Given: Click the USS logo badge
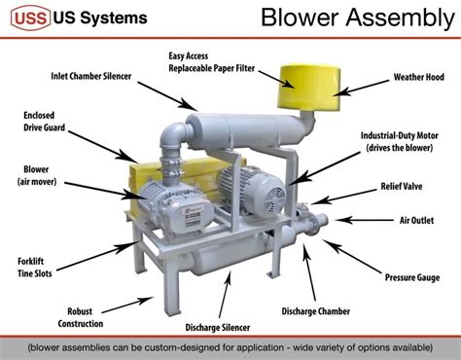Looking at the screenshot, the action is (x=31, y=18).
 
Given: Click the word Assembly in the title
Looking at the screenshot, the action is (x=401, y=18).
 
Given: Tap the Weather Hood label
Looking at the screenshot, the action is (x=418, y=77).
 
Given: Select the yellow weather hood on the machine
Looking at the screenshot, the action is (x=308, y=87).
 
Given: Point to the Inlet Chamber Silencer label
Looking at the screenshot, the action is (x=91, y=76).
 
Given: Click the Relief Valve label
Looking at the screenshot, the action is (x=402, y=187).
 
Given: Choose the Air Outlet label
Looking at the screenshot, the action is (x=416, y=221).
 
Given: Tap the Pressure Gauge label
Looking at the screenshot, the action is (x=412, y=277).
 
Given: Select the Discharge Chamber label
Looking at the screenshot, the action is (x=316, y=311).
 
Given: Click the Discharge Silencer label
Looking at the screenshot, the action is (x=218, y=328).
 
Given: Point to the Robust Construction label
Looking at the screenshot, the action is (x=81, y=317).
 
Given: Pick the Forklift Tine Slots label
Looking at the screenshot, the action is (x=35, y=268).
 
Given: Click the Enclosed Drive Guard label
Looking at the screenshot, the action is (x=44, y=122).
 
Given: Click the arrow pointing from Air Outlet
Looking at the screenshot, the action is (x=365, y=220).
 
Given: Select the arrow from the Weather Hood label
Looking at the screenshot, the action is (x=361, y=88).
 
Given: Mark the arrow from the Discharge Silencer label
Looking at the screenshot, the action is (x=225, y=295).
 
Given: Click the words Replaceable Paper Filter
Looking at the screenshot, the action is (x=212, y=68).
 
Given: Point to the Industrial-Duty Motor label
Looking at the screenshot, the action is (x=400, y=142).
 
